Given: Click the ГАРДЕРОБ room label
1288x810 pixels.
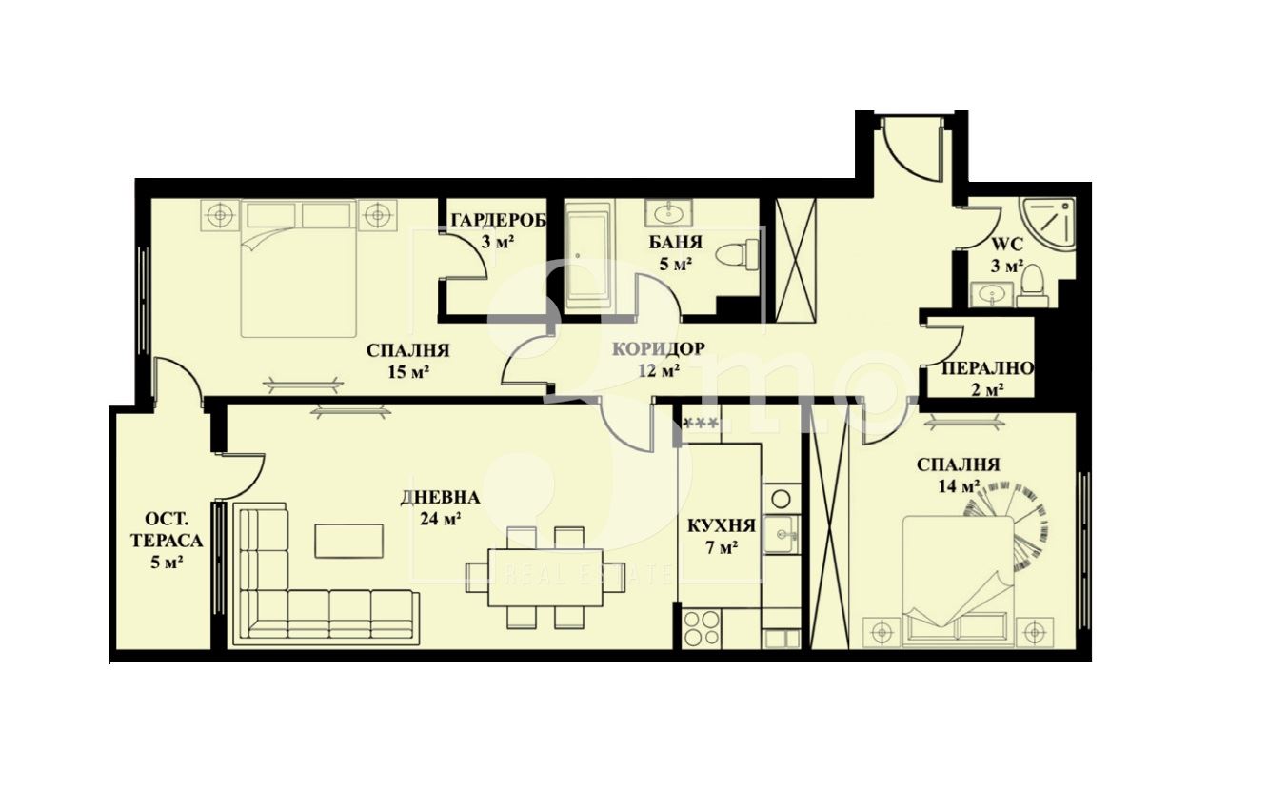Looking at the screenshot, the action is pos(499,220).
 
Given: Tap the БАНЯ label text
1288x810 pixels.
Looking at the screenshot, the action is pos(676,242).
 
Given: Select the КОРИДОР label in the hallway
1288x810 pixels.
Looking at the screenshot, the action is pos(658,349).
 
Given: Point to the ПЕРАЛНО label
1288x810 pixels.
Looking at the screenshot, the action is pos(987,368).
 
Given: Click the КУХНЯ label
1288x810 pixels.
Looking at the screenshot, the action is pos(722,525).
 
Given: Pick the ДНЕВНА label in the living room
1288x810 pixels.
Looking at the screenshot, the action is pos(440,497).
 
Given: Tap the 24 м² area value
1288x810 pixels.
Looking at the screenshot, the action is pos(441,519).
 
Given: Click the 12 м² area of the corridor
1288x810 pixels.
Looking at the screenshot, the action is pos(659,371).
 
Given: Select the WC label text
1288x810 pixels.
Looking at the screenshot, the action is pos(1007,245).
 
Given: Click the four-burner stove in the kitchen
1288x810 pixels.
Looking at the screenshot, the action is pos(702,628).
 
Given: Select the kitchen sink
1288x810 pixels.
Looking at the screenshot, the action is pos(781,534).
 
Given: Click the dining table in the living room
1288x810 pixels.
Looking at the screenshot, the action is pos(545,578).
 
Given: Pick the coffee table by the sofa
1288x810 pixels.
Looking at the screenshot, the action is pos(349,541).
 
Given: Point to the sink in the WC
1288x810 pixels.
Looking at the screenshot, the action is pos(992,295).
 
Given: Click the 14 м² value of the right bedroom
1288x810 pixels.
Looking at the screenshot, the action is pos(960,486).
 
